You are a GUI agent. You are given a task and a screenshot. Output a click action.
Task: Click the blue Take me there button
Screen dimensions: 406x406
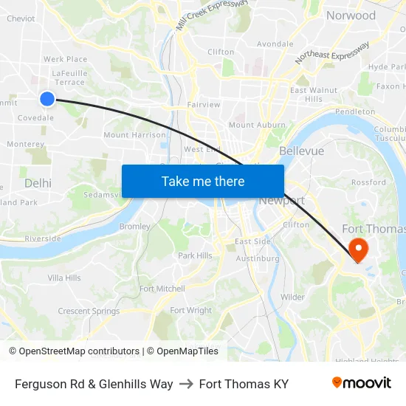click(x=203, y=181)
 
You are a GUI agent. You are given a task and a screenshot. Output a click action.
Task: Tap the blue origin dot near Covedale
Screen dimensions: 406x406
click(x=47, y=98)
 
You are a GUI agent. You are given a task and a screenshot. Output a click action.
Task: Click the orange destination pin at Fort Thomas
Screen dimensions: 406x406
click(x=358, y=249)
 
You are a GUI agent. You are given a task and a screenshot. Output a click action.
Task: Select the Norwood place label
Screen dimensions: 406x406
click(x=351, y=16)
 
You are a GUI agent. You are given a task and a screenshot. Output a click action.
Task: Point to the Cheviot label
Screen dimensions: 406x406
click(x=20, y=19)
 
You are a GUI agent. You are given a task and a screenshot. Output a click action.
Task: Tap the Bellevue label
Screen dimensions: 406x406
click(x=301, y=151)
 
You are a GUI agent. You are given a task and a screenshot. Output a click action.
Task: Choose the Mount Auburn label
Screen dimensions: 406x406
click(x=256, y=125)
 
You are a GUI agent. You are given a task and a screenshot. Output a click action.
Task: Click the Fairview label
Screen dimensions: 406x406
click(x=204, y=105)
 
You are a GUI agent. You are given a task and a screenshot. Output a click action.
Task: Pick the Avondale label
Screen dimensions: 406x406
click(x=275, y=44)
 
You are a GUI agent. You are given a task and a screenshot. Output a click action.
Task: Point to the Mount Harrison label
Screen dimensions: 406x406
click(x=134, y=135)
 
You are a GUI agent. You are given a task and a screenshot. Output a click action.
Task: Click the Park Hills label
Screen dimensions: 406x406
click(x=195, y=255)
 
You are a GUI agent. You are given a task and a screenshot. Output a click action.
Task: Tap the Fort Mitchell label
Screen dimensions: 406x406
click(x=162, y=289)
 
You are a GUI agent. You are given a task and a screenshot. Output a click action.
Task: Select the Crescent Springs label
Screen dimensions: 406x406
click(x=89, y=311)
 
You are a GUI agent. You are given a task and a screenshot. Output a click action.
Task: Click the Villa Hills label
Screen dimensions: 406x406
click(x=64, y=278)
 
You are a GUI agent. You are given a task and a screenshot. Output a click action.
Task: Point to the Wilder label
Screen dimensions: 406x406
click(x=292, y=297)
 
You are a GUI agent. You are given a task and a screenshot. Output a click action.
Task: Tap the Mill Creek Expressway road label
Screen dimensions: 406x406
click(x=212, y=14)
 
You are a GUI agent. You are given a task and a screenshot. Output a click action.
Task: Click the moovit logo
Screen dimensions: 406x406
click(x=361, y=383)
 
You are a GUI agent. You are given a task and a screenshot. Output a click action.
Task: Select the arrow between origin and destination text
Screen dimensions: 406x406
click(x=186, y=384)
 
